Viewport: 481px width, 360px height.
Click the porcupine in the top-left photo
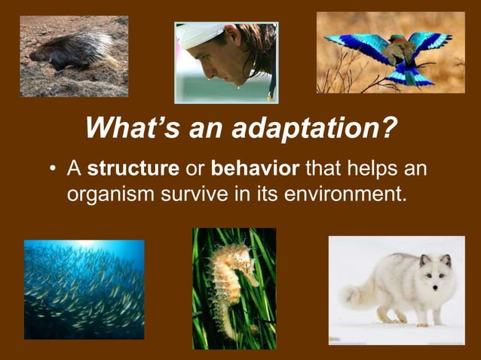coord(72,53)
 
